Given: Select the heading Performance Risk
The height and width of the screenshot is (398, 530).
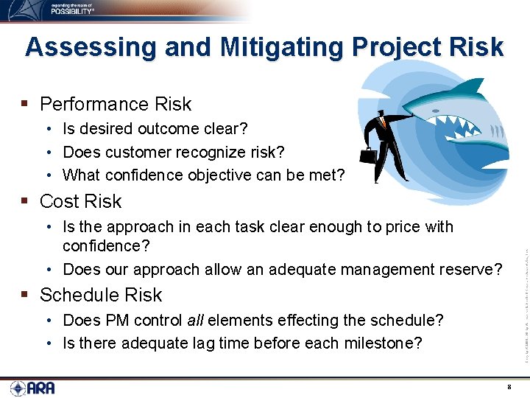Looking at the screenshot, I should (x=115, y=104).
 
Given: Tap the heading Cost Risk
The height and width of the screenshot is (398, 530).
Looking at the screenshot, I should (x=80, y=201).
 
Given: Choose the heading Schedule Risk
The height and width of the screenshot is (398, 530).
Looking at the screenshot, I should (x=100, y=295).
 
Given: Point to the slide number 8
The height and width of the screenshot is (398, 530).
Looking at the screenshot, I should (x=509, y=386).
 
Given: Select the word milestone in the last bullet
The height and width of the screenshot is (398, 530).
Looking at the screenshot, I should (x=387, y=343).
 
